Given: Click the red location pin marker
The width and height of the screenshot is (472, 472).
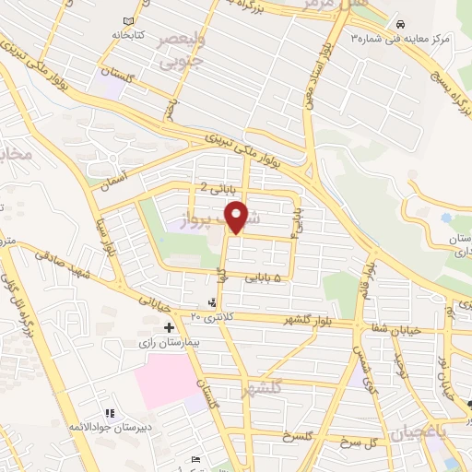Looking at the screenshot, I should click(x=239, y=216).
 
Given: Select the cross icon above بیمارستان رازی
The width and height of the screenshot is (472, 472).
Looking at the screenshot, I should click(x=169, y=327).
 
